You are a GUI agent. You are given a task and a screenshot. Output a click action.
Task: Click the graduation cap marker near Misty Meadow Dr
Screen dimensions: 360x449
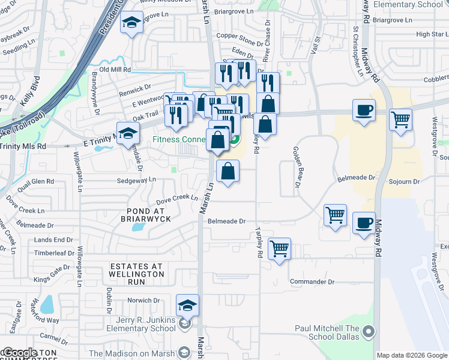click(x=130, y=25)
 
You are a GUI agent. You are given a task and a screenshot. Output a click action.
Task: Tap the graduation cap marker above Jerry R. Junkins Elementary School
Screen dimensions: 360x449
click(x=188, y=306)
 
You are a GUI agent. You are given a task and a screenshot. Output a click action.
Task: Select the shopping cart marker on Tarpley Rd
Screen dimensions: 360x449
click(x=279, y=248)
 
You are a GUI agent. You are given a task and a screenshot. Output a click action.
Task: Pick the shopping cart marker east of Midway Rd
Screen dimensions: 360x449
click(x=400, y=119)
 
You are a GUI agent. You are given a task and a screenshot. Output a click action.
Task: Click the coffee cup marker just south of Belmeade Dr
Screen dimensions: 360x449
click(x=364, y=223)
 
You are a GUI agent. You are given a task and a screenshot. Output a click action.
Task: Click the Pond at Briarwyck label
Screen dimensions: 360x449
click(x=145, y=215)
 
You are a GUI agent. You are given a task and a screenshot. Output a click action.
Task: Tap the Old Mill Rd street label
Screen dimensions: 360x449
click(x=115, y=70)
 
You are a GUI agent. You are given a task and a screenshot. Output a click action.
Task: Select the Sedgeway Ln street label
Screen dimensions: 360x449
click(x=136, y=179)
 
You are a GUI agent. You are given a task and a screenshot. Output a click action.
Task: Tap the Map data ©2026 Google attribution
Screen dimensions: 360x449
click(x=412, y=355)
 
